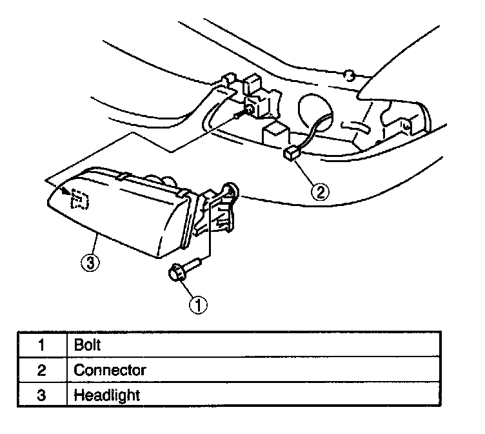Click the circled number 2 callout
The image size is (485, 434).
click(320, 191)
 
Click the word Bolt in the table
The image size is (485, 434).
click(88, 346)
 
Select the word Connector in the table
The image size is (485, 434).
click(110, 370)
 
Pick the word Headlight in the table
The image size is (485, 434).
click(107, 394)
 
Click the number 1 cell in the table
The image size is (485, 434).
click(42, 346)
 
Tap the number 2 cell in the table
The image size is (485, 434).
click(42, 370)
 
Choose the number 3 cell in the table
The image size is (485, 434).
click(42, 394)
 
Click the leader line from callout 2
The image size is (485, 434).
click(306, 172)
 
